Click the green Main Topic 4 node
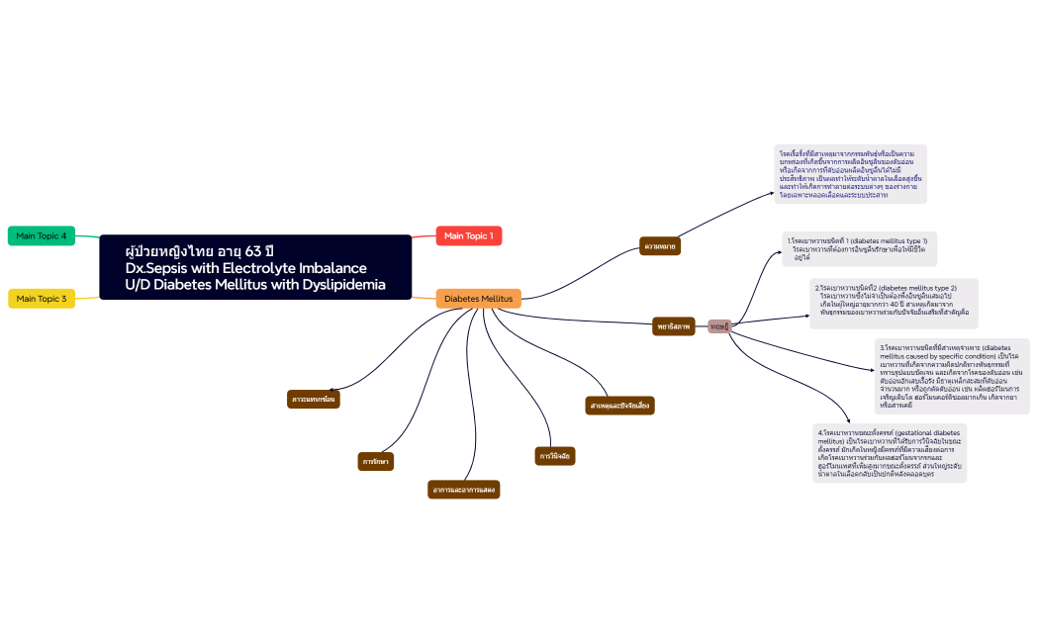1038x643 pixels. (42, 235)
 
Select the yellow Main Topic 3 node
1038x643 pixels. (42, 298)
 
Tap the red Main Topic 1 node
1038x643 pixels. (469, 235)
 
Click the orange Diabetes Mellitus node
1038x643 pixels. (478, 298)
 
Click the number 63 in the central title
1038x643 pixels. (253, 250)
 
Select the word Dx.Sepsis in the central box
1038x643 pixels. (158, 268)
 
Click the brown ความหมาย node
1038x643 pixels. (661, 244)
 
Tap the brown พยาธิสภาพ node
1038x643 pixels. (674, 326)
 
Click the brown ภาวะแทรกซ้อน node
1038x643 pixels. (313, 399)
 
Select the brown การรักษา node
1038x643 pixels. (375, 461)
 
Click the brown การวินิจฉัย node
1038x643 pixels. (554, 456)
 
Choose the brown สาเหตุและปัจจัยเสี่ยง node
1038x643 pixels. (619, 405)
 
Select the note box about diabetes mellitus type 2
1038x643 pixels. (893, 303)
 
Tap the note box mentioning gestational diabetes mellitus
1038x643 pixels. (889, 454)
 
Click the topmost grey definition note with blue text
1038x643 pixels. (850, 174)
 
